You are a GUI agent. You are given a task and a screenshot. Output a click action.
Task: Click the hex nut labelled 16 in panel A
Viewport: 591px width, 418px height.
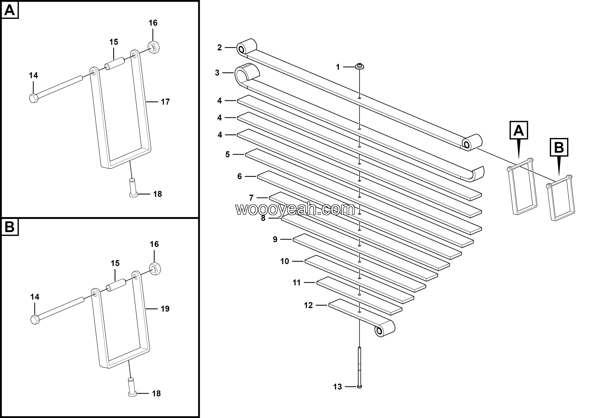[x=154, y=47]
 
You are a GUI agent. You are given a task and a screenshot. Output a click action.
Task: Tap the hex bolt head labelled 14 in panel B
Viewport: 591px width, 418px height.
[x=35, y=320]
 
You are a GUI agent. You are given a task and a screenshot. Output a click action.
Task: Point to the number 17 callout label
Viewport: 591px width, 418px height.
[x=165, y=102]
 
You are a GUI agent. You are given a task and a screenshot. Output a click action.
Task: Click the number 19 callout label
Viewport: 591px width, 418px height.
[x=165, y=309]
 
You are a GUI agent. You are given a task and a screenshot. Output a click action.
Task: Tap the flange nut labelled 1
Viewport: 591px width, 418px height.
[x=360, y=67]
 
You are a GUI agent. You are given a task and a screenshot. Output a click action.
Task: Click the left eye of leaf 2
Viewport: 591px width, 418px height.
[x=241, y=49]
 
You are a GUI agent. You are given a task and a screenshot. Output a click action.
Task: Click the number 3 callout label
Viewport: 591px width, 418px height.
[x=217, y=73]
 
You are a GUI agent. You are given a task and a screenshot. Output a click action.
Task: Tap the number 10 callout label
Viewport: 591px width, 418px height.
[x=284, y=261]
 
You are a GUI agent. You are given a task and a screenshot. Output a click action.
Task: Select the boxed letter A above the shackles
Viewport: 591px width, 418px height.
[x=519, y=130]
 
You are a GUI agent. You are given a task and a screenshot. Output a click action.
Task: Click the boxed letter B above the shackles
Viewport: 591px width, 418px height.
[x=559, y=148]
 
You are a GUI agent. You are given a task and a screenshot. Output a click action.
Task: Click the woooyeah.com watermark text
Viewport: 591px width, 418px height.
[x=295, y=209]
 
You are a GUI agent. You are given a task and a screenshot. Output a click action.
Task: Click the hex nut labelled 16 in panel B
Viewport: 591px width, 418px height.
[x=155, y=269]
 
